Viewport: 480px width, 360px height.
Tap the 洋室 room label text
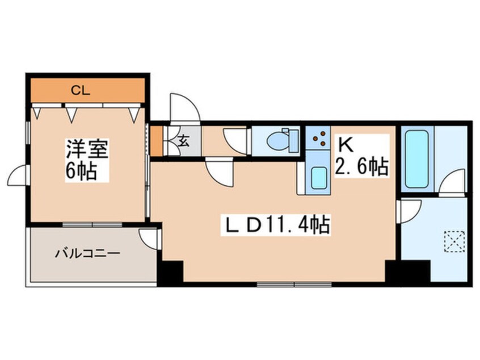click(86, 149)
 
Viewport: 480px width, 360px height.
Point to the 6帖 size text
click(81, 171)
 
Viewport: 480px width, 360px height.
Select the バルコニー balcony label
click(87, 253)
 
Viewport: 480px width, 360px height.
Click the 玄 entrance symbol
click(184, 141)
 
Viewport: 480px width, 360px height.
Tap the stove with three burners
click(319, 138)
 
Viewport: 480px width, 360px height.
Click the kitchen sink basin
click(318, 179)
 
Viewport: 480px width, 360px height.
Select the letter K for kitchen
click(346, 145)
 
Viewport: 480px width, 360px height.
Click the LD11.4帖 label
click(275, 225)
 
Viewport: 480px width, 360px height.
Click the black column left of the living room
click(170, 272)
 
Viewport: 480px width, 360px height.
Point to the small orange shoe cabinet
click(157, 140)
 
